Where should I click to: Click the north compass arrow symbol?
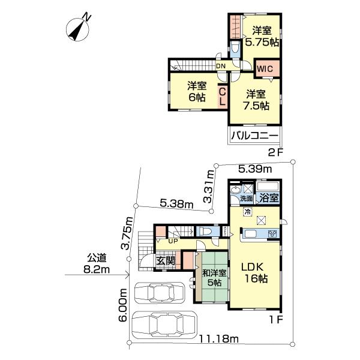79,29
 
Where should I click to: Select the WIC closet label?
265,68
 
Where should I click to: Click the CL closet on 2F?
222,96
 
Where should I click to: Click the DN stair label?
220,66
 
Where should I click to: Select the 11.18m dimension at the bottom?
217,340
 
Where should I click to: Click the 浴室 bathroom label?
268,197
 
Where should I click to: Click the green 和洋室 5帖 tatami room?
214,278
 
